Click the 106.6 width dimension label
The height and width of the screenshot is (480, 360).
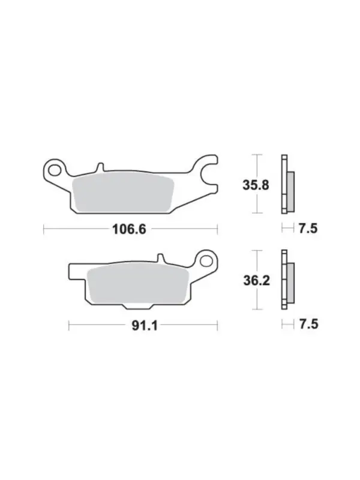click(129, 229)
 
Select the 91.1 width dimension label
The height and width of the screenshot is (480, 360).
click(145, 326)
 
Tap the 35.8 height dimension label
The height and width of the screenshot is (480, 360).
click(256, 185)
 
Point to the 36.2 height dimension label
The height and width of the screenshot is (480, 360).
click(257, 280)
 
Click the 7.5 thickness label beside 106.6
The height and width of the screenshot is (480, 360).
click(308, 229)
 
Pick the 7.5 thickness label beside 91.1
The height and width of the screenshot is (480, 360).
click(308, 324)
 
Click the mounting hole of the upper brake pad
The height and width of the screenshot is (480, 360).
click(55, 170)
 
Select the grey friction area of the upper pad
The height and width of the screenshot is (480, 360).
click(123, 192)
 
